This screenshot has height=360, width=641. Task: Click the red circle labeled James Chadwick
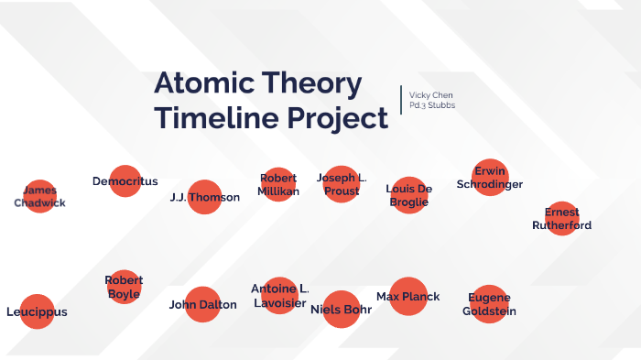[x=39, y=196]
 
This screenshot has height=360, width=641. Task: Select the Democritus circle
[x=125, y=181]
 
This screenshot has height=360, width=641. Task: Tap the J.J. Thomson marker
[x=205, y=197]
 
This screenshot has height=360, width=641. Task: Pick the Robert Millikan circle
[x=278, y=184]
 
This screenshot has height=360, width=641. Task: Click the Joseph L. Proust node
[x=342, y=184]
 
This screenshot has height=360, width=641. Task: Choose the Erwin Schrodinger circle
[x=489, y=177]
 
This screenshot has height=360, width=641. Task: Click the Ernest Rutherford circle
[x=561, y=219]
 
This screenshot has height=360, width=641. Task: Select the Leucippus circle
[x=36, y=311]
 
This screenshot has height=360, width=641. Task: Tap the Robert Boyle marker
[x=124, y=287]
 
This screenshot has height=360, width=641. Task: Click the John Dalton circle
[x=202, y=305]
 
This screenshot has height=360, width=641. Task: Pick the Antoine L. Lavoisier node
[x=279, y=295]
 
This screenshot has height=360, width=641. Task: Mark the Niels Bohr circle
[x=342, y=309]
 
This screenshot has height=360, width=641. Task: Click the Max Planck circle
[x=408, y=296]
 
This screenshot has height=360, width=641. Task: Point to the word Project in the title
[x=336, y=119]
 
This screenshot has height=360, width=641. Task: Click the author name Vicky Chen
[x=430, y=95]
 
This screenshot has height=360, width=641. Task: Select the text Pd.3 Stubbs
[x=432, y=106]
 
